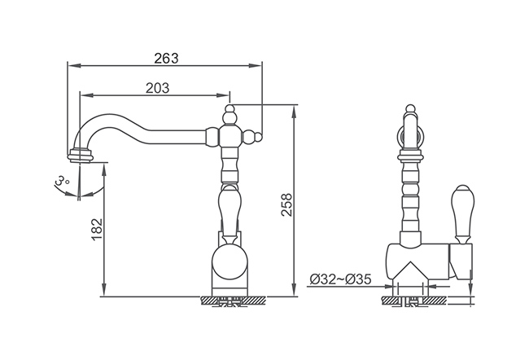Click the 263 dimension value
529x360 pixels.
pos(166,59)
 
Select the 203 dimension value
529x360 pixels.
pos(157,88)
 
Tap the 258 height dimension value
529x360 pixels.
pos(286,204)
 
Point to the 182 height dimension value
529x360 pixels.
pos(97,230)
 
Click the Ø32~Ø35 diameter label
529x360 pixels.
pos(340,279)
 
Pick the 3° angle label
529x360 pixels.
pos(61,181)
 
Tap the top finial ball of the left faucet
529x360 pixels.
pos(230,109)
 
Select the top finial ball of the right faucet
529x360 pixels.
pos(410,109)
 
